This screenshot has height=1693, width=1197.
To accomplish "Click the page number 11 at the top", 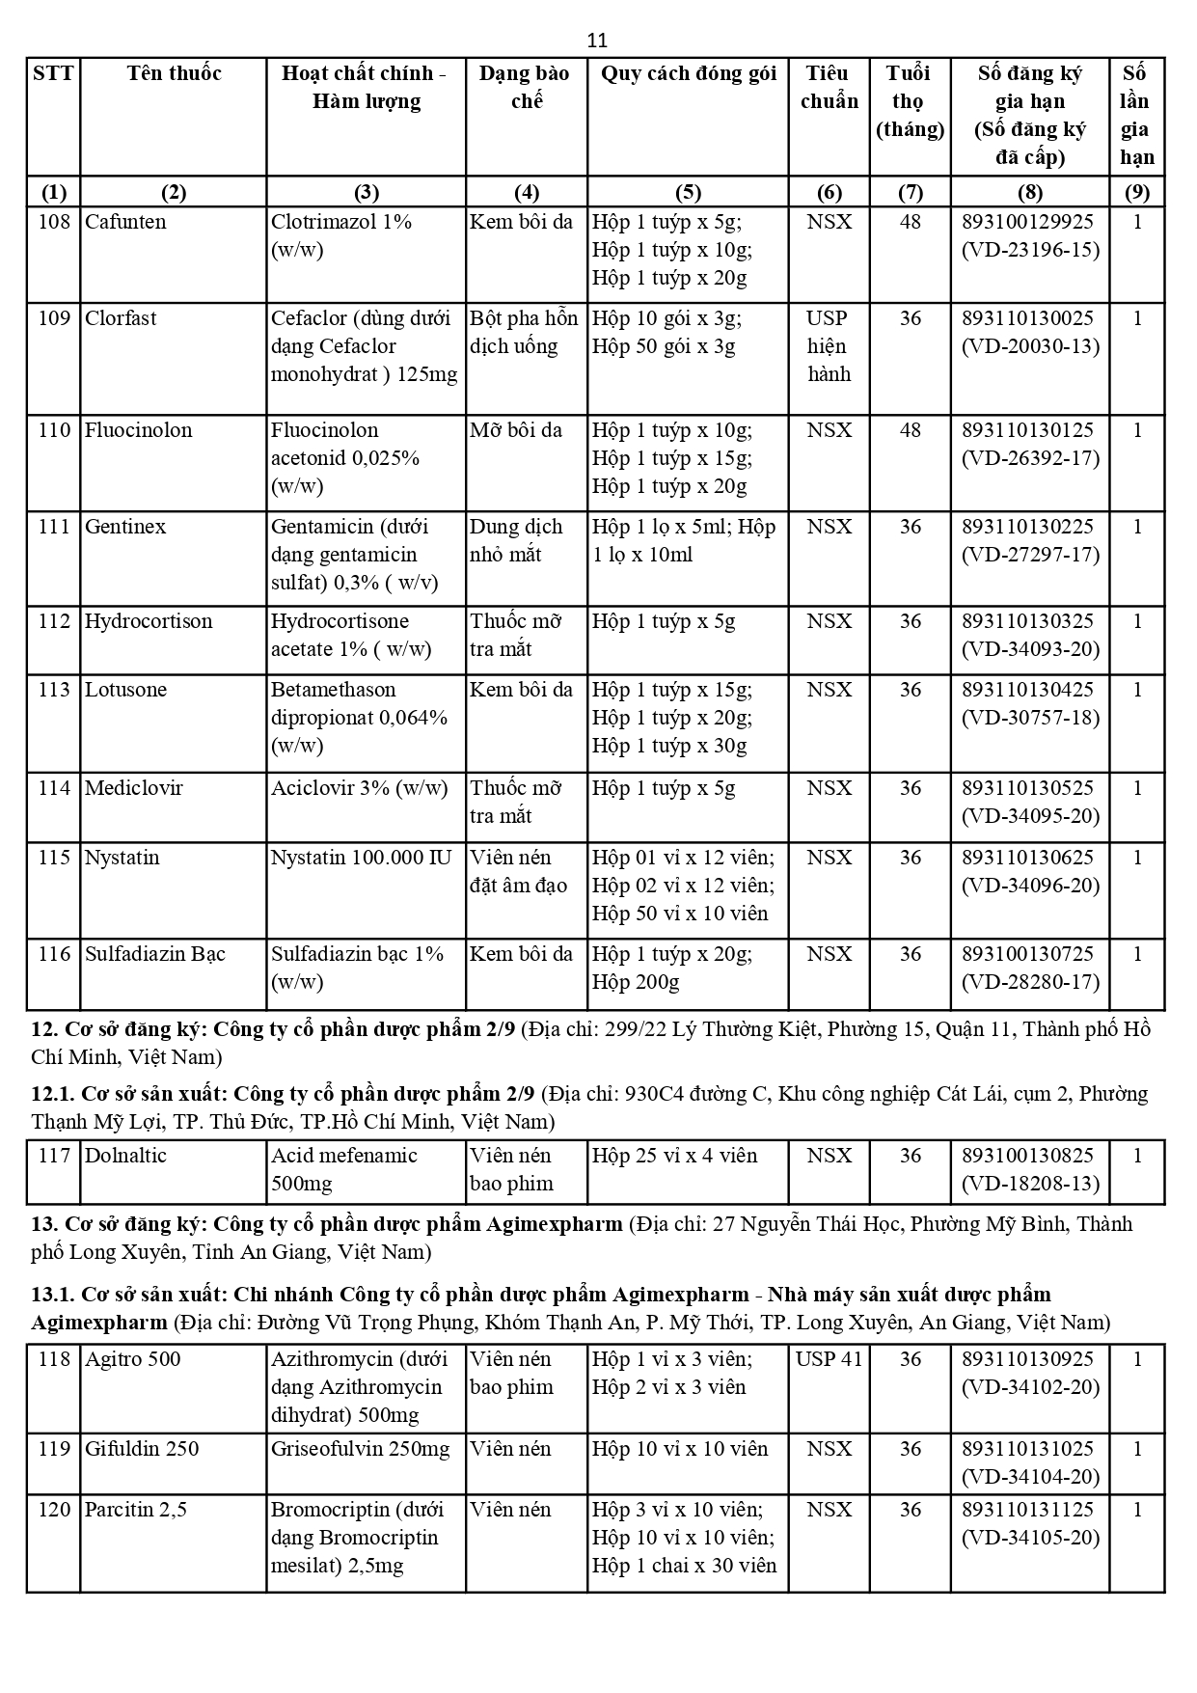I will pyautogui.click(x=597, y=41).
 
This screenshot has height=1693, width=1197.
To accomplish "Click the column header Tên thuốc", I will pyautogui.click(x=174, y=73).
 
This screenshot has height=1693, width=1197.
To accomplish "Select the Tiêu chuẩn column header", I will pyautogui.click(x=829, y=87).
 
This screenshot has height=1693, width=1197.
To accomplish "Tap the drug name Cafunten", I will pyautogui.click(x=125, y=222).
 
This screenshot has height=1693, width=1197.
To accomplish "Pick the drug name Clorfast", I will pyautogui.click(x=121, y=318).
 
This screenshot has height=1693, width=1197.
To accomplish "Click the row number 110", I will pyautogui.click(x=54, y=430).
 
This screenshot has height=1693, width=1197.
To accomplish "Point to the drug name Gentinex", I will pyautogui.click(x=125, y=527).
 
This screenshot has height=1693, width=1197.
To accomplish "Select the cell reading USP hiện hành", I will pyautogui.click(x=829, y=346).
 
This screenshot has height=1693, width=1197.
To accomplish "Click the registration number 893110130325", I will pyautogui.click(x=1028, y=621).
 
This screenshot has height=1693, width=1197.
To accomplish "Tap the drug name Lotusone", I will pyautogui.click(x=125, y=690).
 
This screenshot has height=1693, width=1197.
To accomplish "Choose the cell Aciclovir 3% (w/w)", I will pyautogui.click(x=360, y=788).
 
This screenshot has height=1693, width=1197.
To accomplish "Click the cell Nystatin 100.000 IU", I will pyautogui.click(x=361, y=858).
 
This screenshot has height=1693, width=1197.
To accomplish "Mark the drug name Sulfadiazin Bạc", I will pyautogui.click(x=155, y=954).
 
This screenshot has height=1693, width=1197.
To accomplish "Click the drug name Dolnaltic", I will pyautogui.click(x=125, y=1156).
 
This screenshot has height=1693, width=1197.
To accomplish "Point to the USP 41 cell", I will pyautogui.click(x=829, y=1359).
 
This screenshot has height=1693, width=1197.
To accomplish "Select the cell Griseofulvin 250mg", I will pyautogui.click(x=361, y=1449).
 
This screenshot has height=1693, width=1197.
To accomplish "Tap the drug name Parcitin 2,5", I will pyautogui.click(x=135, y=1510).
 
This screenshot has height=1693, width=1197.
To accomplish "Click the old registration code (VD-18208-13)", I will pyautogui.click(x=1030, y=1184).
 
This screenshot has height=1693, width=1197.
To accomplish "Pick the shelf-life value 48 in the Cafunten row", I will pyautogui.click(x=910, y=222).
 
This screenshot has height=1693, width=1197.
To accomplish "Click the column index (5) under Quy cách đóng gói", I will pyautogui.click(x=688, y=192).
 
